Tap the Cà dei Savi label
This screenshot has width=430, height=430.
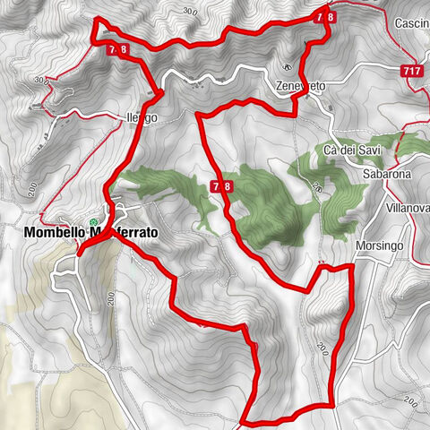[x=349, y=149]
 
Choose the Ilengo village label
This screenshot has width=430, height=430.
[x=142, y=118]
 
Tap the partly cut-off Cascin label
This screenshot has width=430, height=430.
[x=409, y=21]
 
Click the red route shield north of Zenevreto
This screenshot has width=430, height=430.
[x=325, y=16]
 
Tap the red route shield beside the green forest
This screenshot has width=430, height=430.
[x=222, y=185]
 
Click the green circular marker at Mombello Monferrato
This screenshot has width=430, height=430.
[x=92, y=222]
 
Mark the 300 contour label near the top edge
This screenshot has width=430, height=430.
[x=188, y=11]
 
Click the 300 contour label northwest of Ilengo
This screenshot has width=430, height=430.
[x=40, y=79]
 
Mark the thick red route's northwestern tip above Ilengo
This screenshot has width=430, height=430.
[x=96, y=20]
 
